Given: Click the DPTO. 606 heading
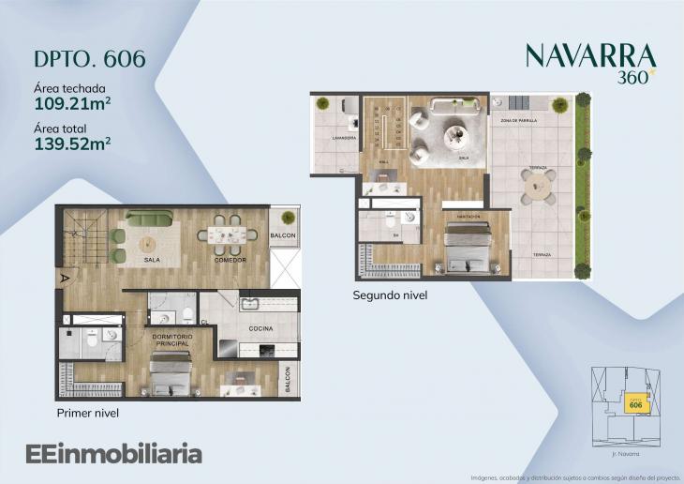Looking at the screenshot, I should click(89, 58).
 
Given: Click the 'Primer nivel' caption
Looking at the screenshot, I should click(87, 413).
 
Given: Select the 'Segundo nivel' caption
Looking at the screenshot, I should click(390, 295).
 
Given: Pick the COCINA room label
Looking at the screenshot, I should click(260, 329).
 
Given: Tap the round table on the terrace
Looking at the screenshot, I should click(539, 186).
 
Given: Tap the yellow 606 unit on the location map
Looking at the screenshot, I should click(635, 404).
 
